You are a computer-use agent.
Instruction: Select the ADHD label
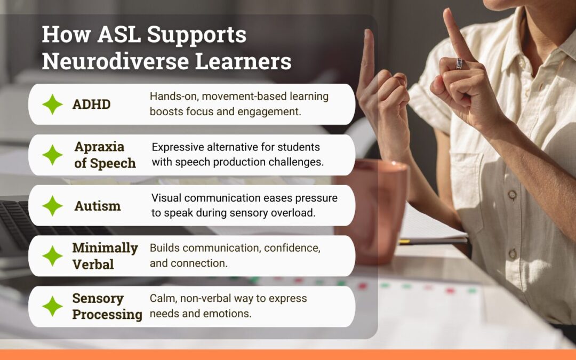coord(92,105)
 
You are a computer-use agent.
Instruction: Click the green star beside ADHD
coord(52,105)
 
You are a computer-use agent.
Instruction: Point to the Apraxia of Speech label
coord(105,155)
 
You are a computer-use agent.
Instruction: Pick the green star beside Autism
coord(52,205)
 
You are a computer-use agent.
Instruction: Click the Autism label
coord(98,206)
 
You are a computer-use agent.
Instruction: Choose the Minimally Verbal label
coord(105,256)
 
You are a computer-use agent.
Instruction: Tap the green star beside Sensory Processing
coord(52,306)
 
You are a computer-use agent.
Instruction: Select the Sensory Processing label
coord(107,306)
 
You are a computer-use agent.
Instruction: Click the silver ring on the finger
coord(460,63)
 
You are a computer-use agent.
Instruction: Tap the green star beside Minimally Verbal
coord(52,255)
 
